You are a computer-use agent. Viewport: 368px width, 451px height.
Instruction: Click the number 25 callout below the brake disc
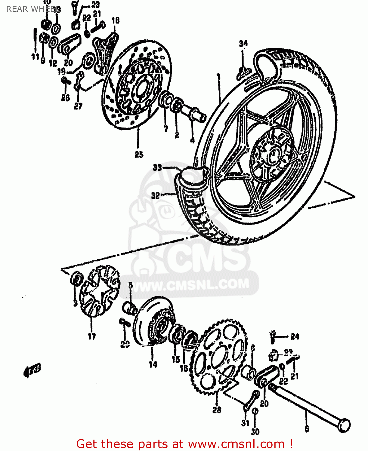139,155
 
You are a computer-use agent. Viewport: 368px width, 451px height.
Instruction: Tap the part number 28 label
217,410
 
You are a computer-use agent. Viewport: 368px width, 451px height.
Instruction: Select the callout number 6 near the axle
307,428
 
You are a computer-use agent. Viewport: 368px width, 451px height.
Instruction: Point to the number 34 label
243,44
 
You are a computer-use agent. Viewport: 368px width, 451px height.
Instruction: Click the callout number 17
92,336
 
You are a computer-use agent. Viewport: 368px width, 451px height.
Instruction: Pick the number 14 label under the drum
153,364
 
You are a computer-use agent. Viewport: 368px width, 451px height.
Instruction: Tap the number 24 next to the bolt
295,336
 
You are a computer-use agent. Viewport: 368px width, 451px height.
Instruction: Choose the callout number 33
157,167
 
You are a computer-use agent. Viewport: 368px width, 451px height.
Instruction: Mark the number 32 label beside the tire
155,196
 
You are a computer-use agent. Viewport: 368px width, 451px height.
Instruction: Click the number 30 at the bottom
255,432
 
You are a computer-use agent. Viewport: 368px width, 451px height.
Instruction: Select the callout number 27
78,106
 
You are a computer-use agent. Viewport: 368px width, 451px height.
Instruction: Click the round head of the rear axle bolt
344,425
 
